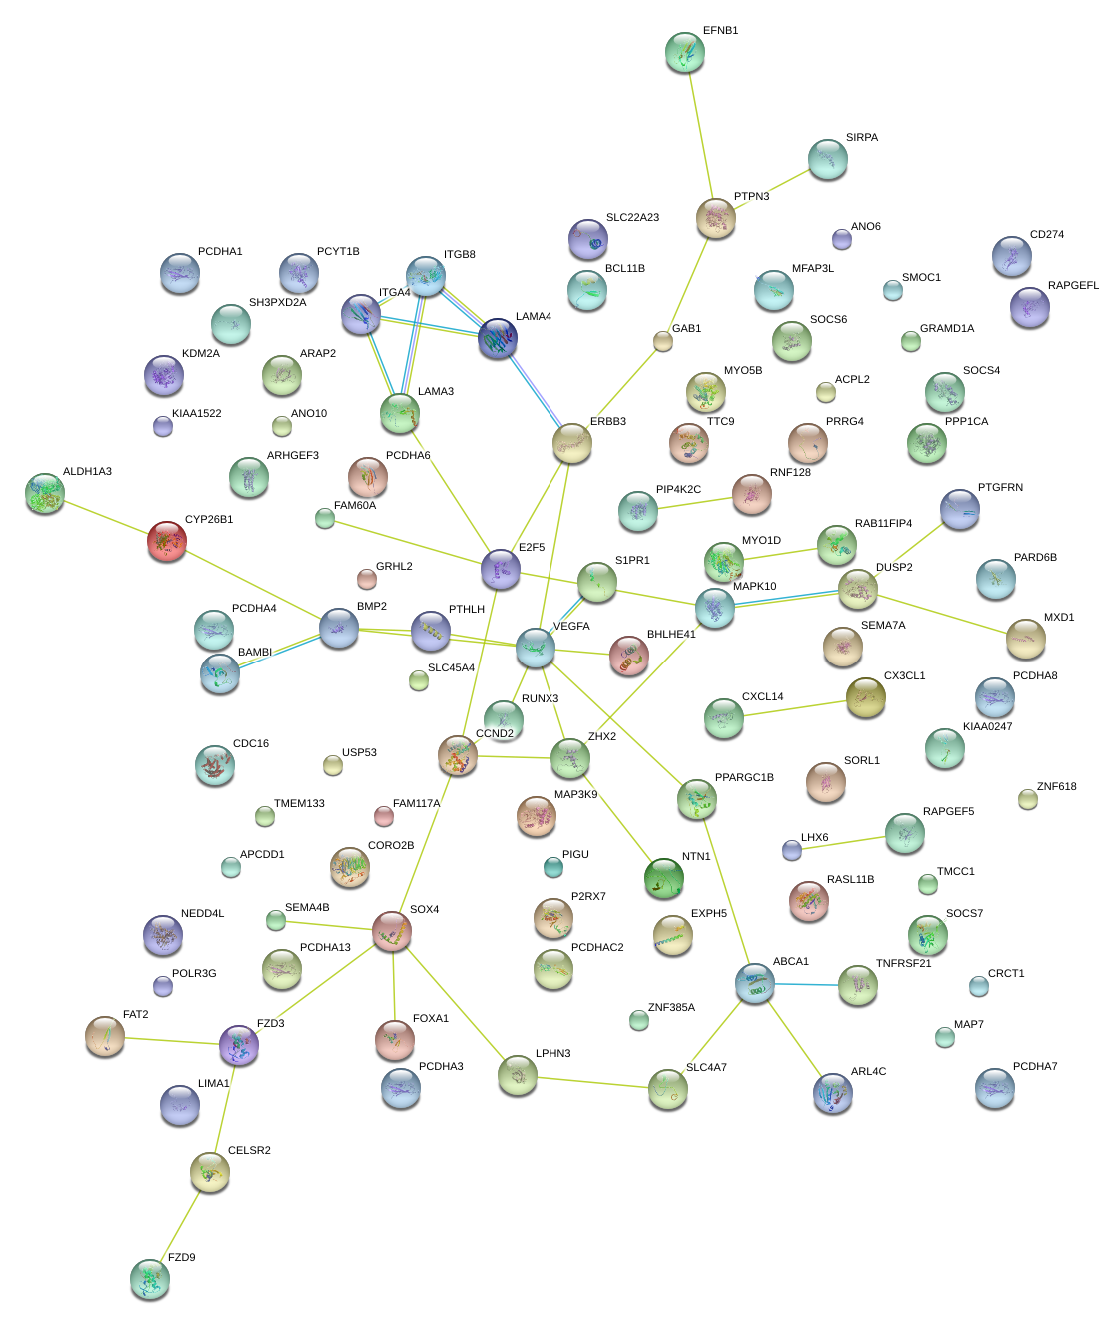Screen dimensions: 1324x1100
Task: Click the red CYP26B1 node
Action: tap(167, 540)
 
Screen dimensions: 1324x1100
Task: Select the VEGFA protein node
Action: tap(536, 648)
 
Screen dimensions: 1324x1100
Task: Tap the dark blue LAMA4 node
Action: tap(498, 338)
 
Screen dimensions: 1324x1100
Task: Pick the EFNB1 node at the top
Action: tap(684, 52)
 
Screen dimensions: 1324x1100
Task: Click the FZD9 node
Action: tap(150, 1278)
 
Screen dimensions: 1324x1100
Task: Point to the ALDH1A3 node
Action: tap(45, 493)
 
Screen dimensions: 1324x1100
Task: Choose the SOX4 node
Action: tap(392, 931)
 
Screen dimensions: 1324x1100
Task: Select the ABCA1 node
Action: tap(755, 983)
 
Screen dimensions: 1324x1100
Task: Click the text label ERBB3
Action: tap(607, 422)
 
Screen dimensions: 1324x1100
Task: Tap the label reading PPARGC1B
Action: tap(744, 778)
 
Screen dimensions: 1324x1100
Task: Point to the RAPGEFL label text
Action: tap(1073, 286)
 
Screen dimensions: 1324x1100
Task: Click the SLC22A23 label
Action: tap(632, 218)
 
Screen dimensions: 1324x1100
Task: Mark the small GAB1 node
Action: tap(663, 341)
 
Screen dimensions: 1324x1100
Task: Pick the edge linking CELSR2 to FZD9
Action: tap(180, 1225)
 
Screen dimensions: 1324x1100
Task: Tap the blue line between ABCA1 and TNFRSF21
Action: tap(807, 985)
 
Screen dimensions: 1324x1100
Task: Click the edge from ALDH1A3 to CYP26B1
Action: tap(106, 517)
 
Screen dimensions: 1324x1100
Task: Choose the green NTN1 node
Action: tap(664, 878)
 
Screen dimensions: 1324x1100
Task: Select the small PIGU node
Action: tap(553, 866)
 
